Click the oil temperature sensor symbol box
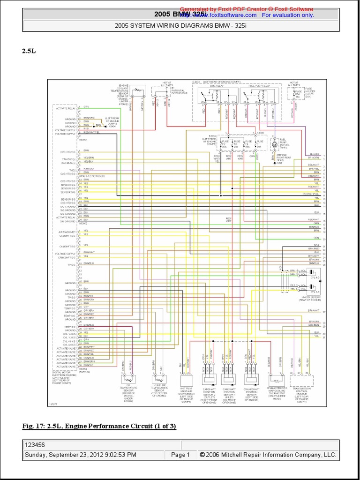[x=127, y=379]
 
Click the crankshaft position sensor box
[x=252, y=380]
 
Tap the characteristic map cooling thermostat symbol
[x=275, y=380]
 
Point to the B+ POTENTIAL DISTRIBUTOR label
[x=179, y=90]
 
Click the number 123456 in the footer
[x=35, y=445]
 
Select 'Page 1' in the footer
[x=180, y=455]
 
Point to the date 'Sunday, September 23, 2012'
[x=80, y=455]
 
